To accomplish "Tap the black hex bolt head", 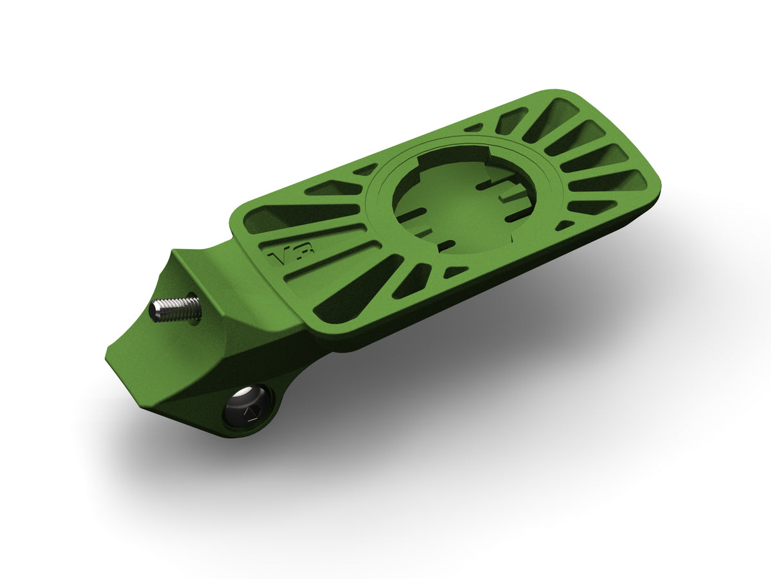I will pyautogui.click(x=247, y=406).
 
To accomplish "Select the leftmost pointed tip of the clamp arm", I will pyautogui.click(x=107, y=355).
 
